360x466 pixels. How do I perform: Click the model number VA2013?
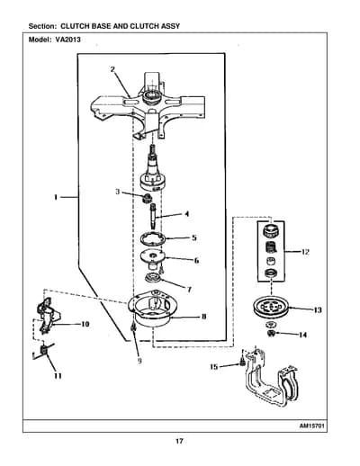(x=67, y=40)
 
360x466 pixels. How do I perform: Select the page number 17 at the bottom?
(x=179, y=441)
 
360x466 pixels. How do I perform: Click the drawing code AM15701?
(x=312, y=426)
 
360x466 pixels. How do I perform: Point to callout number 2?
(x=112, y=69)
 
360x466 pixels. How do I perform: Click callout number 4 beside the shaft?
(x=186, y=214)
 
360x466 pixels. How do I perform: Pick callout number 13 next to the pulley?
(x=317, y=309)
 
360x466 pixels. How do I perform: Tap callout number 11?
(x=58, y=376)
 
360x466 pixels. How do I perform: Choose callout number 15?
(x=214, y=366)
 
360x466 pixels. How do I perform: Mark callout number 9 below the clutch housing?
(x=139, y=361)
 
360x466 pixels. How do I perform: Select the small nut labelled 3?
(x=147, y=198)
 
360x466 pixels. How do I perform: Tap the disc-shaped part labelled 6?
(x=153, y=258)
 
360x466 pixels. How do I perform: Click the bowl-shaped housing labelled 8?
(x=152, y=309)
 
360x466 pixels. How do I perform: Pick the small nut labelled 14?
(x=271, y=334)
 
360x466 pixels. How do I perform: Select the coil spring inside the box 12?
(x=271, y=247)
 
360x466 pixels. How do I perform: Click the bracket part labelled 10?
(x=48, y=315)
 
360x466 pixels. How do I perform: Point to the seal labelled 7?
(x=153, y=278)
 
